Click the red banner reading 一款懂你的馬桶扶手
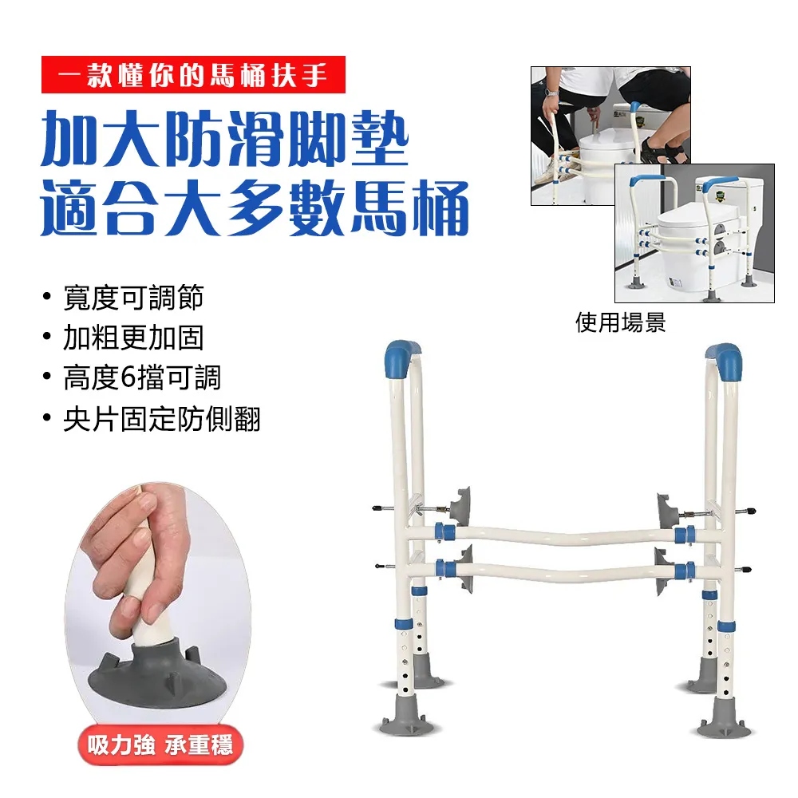coord(193,75)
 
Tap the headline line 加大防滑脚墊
coord(225,140)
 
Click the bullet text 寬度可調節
coord(133,298)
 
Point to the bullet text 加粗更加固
coord(133,338)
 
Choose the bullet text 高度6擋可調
coord(142,377)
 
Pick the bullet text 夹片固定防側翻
coord(162,418)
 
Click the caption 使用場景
coord(620,322)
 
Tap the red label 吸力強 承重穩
coord(160,747)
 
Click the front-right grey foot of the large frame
coord(725,719)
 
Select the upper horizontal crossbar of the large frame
coord(559,531)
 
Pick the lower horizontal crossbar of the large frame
coord(559,570)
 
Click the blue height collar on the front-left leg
coord(404,623)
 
